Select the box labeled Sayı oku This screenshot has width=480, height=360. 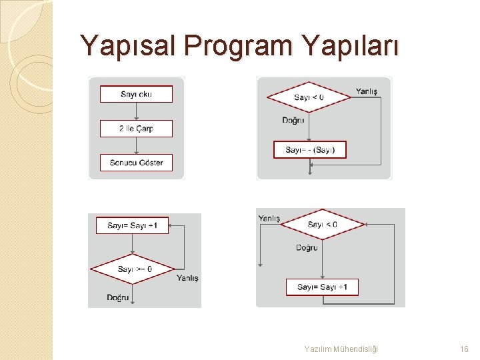(x=136, y=94)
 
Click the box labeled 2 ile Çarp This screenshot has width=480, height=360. (x=136, y=129)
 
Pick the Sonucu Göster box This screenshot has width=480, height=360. (x=136, y=163)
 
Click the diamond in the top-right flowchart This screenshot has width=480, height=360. (x=309, y=97)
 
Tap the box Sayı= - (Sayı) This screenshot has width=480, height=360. (x=310, y=150)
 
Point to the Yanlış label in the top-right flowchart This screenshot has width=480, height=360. (x=367, y=91)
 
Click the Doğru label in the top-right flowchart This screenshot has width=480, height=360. (x=293, y=121)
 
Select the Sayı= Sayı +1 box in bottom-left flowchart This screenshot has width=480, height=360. (x=133, y=225)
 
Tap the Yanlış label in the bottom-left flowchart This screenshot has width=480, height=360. (x=187, y=278)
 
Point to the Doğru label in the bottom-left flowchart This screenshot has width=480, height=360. (x=118, y=297)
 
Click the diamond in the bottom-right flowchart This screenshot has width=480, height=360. (x=322, y=225)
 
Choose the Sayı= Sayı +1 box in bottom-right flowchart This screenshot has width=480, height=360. (x=322, y=287)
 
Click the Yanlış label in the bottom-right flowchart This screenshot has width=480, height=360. (x=269, y=218)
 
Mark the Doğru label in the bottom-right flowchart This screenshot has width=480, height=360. (x=307, y=248)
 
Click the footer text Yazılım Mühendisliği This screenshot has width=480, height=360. (x=341, y=349)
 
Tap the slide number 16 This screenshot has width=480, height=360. (x=464, y=349)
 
